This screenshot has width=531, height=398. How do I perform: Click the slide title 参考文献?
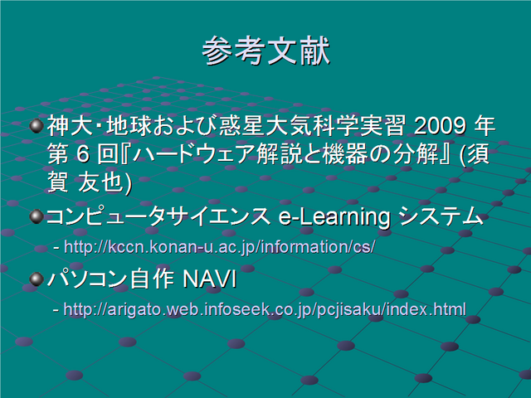pos(265,51)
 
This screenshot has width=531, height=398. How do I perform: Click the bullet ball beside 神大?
pos(37,126)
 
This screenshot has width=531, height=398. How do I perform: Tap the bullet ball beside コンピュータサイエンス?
pos(37,216)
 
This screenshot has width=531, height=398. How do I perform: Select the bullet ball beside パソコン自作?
pos(37,279)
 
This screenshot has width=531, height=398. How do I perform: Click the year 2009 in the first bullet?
pos(441,126)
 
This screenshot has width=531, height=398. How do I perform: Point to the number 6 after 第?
pos(83,154)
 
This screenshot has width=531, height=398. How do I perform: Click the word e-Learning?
pos(334,217)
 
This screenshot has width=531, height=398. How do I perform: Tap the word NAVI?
pos(209,279)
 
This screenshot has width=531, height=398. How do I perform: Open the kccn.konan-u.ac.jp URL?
pos(219,247)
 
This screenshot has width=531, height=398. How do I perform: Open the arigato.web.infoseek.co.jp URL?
pos(265,309)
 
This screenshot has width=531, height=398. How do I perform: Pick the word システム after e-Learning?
pos(441,216)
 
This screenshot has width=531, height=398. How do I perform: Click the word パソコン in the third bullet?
pos(86,279)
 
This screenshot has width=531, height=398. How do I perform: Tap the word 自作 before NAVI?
pos(152,279)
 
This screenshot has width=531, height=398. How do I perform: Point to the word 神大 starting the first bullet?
pos(70,126)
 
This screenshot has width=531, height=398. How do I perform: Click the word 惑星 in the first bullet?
pos(241,126)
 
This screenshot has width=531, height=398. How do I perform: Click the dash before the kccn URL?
pos(56,248)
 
